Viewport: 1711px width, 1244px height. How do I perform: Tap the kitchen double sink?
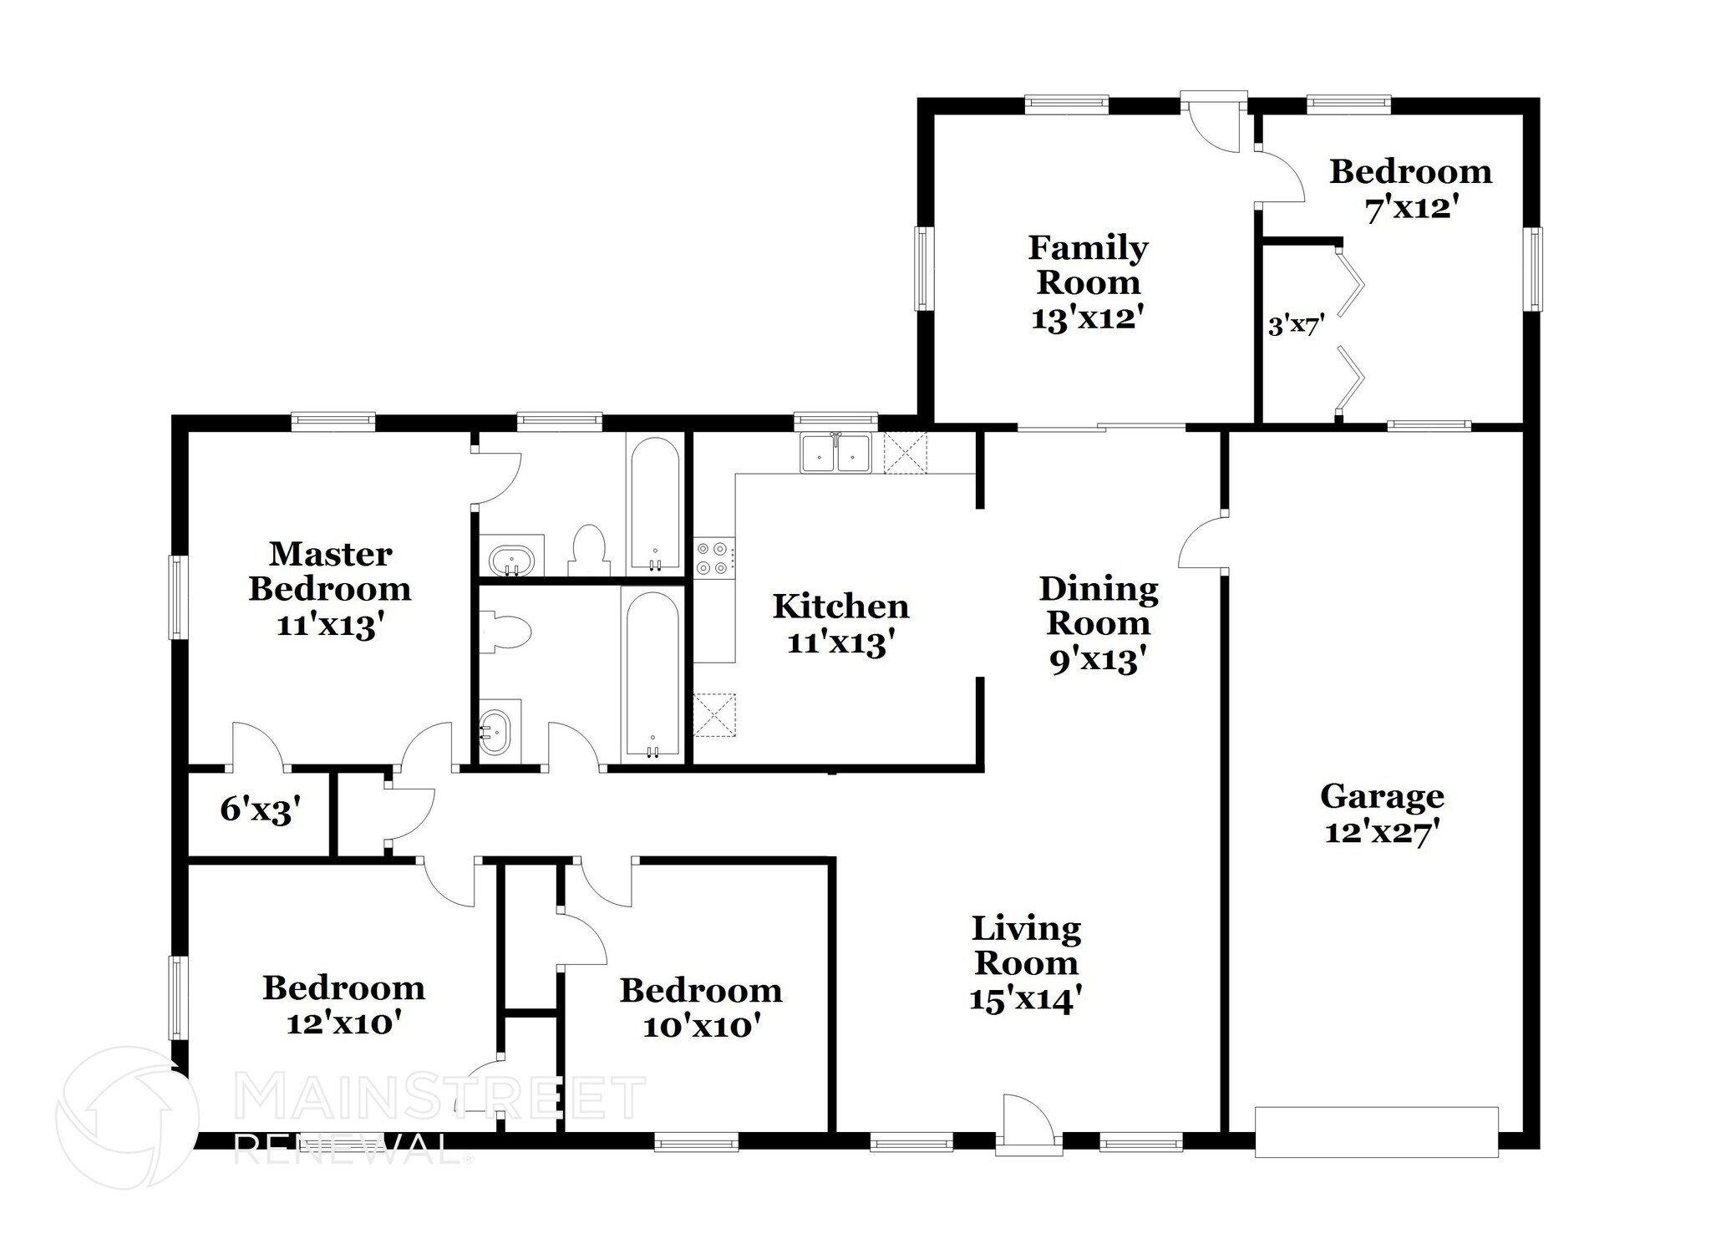(835, 454)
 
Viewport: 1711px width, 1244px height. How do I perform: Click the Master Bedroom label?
(330, 571)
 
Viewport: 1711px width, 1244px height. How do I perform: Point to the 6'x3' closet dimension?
(260, 810)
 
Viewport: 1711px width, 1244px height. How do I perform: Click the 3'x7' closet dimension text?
(1296, 325)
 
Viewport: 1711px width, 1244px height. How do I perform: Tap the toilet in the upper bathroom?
(589, 548)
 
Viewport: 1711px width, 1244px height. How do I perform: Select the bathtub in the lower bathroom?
(652, 675)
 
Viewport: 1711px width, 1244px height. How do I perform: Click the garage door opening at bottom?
(1376, 1131)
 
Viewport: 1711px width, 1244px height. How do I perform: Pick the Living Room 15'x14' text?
(1026, 999)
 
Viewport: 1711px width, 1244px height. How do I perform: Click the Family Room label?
(1088, 264)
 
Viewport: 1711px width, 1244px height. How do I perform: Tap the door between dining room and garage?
(1203, 542)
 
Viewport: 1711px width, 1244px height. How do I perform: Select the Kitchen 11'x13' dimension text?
(840, 642)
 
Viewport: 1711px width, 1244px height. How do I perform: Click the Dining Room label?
(1099, 606)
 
